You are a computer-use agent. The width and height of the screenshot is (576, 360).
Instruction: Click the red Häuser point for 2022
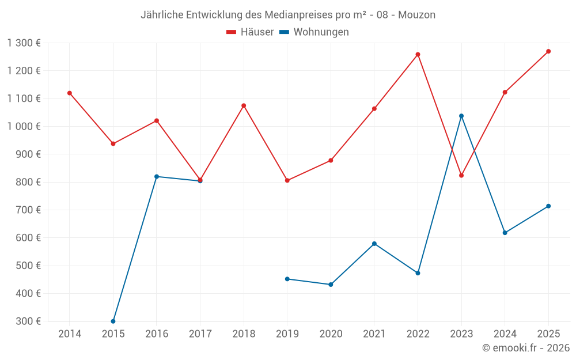click(x=418, y=55)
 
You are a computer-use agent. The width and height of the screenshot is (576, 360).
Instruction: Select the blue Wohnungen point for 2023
click(x=461, y=116)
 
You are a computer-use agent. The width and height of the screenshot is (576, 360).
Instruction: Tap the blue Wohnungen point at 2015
click(x=113, y=321)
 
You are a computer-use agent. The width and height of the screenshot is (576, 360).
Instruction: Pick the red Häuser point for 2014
click(x=70, y=93)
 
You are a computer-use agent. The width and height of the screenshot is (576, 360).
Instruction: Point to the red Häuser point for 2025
click(x=548, y=51)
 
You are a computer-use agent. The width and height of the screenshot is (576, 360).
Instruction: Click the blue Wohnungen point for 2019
click(x=287, y=279)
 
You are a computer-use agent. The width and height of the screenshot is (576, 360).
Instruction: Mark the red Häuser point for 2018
click(x=244, y=105)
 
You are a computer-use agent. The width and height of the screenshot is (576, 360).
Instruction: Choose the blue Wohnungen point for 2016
click(x=157, y=176)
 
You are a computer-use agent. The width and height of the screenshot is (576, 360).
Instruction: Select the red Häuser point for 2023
click(x=461, y=175)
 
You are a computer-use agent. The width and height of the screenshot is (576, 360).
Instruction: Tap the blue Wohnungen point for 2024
click(x=505, y=233)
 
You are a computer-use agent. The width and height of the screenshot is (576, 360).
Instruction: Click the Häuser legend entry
click(x=250, y=32)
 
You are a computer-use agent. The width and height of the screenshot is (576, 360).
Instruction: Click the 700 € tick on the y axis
click(x=29, y=210)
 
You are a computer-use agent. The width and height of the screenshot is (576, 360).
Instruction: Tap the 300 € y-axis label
click(x=29, y=321)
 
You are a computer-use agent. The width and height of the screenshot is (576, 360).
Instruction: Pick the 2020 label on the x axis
click(x=331, y=334)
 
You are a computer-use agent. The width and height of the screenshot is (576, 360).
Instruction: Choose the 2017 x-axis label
click(x=200, y=334)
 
